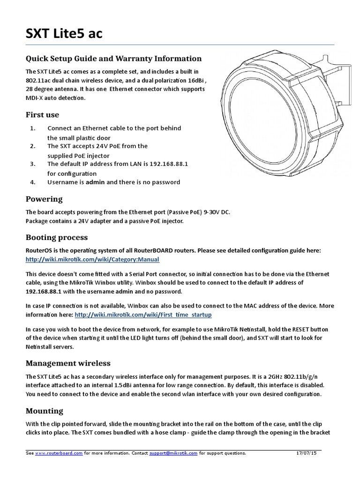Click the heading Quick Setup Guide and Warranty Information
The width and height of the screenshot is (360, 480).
(113, 59)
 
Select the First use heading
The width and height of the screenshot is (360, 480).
(42, 115)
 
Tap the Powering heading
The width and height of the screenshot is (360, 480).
(44, 199)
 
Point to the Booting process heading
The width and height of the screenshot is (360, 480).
(57, 237)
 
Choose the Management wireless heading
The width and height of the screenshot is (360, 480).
(68, 363)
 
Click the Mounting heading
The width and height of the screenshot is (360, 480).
(44, 411)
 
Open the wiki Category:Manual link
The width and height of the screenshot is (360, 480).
(92, 259)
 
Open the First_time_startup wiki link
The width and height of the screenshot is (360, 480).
(143, 314)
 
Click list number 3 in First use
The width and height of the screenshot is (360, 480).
(33, 165)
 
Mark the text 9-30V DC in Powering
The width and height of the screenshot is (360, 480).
(217, 212)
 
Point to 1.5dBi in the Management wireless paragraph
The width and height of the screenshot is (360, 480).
(129, 385)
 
